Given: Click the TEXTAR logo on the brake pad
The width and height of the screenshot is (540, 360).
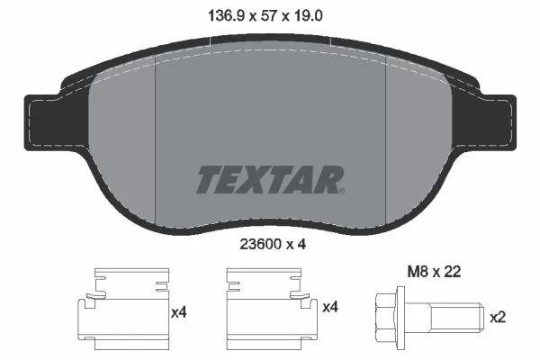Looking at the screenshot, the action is point(270,179).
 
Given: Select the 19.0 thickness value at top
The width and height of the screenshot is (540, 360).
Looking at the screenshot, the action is point(308,16).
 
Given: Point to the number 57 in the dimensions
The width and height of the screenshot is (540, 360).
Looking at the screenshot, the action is point(269,16).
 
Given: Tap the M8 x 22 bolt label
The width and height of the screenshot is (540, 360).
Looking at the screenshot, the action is point(434,272).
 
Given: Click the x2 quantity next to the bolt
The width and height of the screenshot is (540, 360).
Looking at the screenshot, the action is point(498,318).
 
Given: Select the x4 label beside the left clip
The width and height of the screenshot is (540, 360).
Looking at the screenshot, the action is point(179,312).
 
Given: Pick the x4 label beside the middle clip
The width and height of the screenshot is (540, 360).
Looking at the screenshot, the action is point(330,307).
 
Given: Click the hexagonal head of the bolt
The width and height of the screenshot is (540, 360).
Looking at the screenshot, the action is point(386,317).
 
